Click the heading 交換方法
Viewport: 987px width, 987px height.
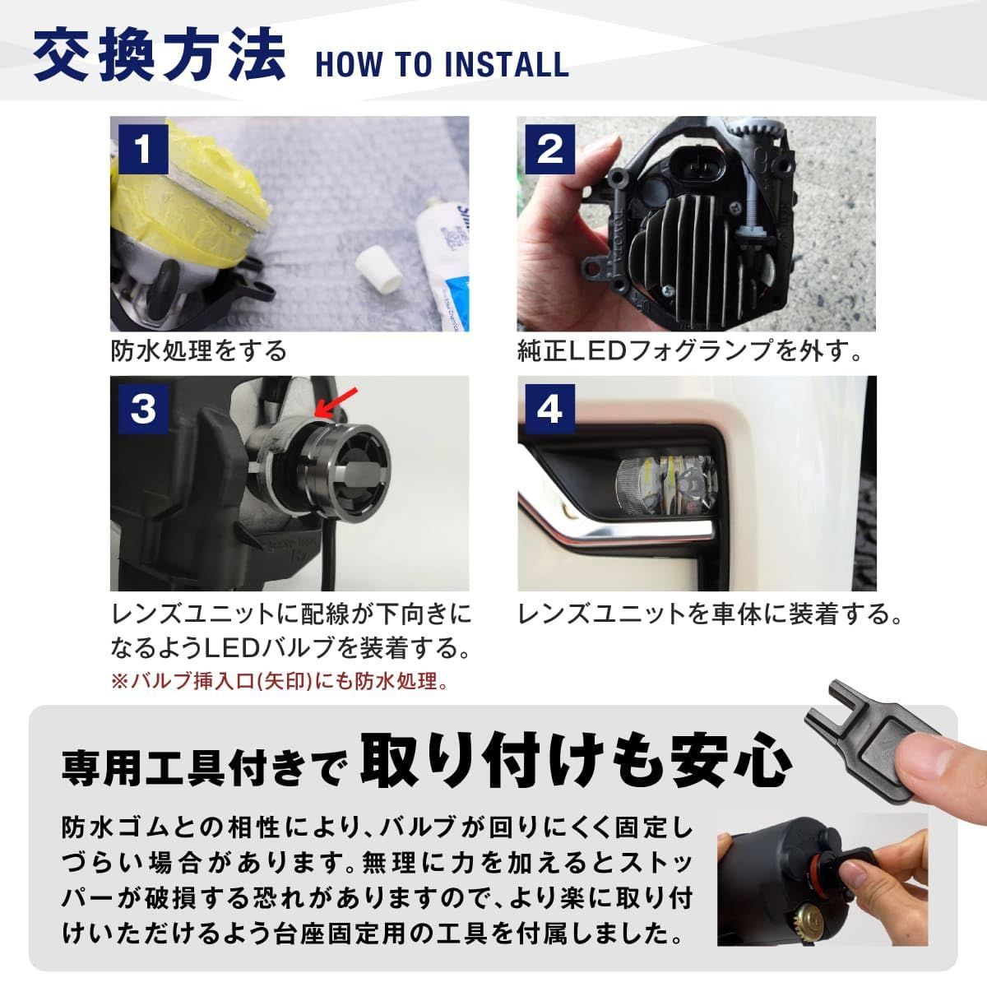click(x=160, y=56)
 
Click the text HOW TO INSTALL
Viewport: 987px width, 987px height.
click(x=442, y=65)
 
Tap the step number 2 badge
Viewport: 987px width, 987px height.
click(x=549, y=149)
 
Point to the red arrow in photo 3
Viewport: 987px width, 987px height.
click(x=331, y=402)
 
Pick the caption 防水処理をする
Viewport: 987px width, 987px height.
click(x=199, y=350)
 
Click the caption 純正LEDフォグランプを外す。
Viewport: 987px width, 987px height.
click(x=691, y=351)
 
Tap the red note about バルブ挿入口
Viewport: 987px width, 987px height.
click(x=280, y=682)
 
